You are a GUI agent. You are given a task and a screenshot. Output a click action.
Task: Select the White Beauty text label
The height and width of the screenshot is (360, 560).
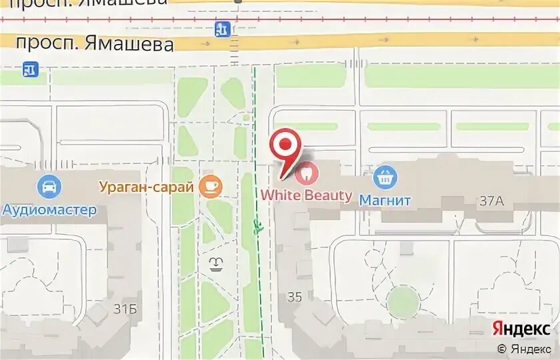(x=306, y=195)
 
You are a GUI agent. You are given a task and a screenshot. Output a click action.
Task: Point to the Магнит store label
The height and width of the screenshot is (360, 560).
(x=385, y=199)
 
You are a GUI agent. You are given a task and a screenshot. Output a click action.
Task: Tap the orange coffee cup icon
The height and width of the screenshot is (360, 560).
(x=211, y=186)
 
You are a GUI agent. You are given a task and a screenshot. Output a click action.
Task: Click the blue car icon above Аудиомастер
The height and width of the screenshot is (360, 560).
(x=49, y=187)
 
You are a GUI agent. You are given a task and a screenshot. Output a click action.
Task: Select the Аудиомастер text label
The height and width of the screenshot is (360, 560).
(x=49, y=210)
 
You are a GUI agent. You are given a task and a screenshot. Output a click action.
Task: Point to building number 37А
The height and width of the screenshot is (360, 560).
(x=491, y=200)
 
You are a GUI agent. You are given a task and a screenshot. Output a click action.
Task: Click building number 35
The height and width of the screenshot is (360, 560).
(x=295, y=297)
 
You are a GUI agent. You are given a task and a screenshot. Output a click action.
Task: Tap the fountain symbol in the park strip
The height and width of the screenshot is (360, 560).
(x=216, y=264)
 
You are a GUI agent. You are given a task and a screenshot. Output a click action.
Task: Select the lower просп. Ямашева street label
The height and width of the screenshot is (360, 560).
(x=95, y=44)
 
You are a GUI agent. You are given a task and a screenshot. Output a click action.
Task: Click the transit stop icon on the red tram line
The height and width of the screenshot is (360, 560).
(x=223, y=29)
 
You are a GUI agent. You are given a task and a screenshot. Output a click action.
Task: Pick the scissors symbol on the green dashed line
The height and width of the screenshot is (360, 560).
(x=257, y=226)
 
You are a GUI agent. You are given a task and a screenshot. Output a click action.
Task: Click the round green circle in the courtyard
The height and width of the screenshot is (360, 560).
(x=402, y=301)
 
